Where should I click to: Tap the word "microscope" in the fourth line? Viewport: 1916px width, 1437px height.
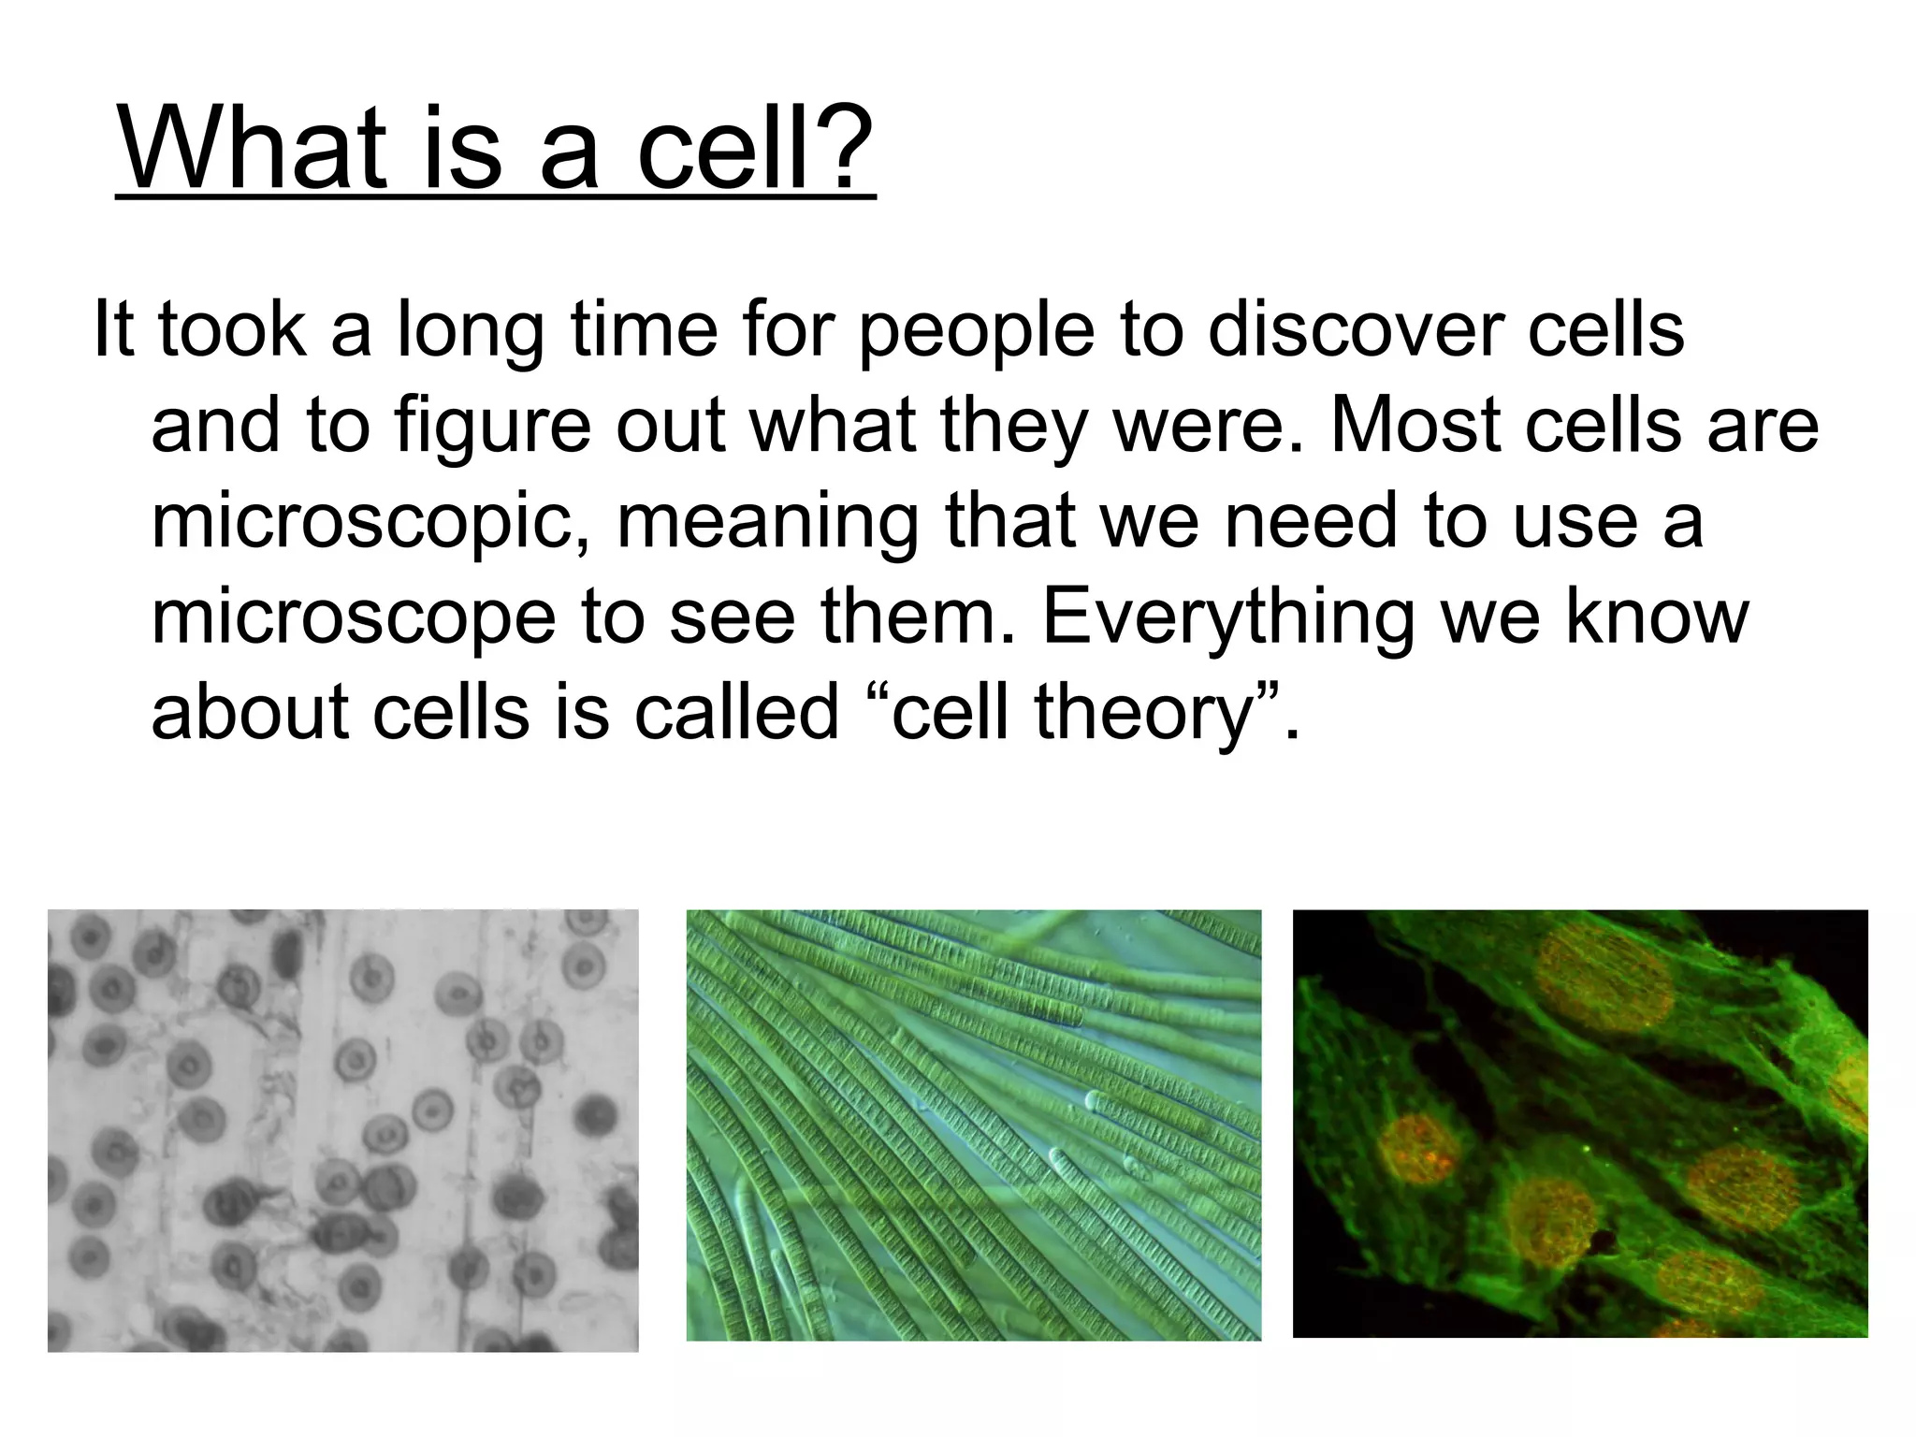354,619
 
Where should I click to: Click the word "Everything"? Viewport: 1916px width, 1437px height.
1227,619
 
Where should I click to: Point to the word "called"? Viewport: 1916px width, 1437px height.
736,712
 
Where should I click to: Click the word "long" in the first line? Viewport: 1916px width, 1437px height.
471,333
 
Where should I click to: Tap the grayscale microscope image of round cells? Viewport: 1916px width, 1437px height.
342,1129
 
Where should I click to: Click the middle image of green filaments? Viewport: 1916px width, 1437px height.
973,1125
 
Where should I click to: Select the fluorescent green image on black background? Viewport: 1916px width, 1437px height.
1579,1123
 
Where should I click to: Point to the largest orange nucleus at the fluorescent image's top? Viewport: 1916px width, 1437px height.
1604,978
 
